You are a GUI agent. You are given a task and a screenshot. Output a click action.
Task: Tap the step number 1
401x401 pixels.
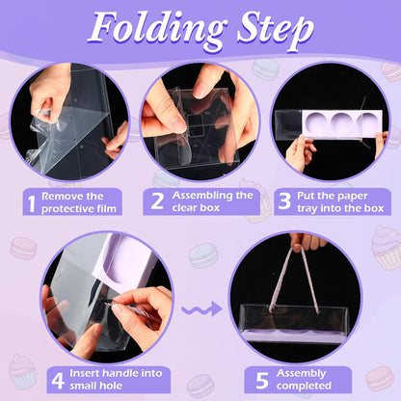click(x=32, y=202)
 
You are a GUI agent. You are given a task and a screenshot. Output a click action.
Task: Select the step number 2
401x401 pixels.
click(x=157, y=201)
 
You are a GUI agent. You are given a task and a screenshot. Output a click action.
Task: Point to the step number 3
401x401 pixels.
click(x=284, y=201)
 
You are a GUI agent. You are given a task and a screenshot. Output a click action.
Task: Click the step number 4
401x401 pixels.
click(x=58, y=381)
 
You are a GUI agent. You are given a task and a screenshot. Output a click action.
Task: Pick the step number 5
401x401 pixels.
click(x=262, y=381)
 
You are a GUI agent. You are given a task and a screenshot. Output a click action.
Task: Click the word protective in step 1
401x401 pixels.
click(x=65, y=209)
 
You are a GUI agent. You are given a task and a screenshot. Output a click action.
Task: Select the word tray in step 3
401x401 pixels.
click(x=307, y=209)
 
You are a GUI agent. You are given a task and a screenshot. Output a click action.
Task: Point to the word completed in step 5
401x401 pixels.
click(x=304, y=386)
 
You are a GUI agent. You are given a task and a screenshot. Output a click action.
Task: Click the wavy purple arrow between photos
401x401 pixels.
click(x=201, y=309)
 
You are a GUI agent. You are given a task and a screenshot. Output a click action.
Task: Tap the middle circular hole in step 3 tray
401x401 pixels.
click(x=343, y=122)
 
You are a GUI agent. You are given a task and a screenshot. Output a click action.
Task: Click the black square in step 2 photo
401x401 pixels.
click(x=197, y=124)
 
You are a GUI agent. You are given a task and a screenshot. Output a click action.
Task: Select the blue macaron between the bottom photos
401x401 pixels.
click(x=202, y=255)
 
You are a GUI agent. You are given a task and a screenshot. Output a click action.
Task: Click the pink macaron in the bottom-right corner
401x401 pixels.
click(x=380, y=378)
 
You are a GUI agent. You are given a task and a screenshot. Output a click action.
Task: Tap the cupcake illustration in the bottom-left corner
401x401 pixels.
click(x=22, y=371)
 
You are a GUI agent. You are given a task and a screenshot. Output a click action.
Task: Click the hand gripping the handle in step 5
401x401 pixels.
click(x=307, y=241)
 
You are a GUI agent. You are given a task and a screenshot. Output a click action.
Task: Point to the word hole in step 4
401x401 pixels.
click(x=112, y=386)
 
